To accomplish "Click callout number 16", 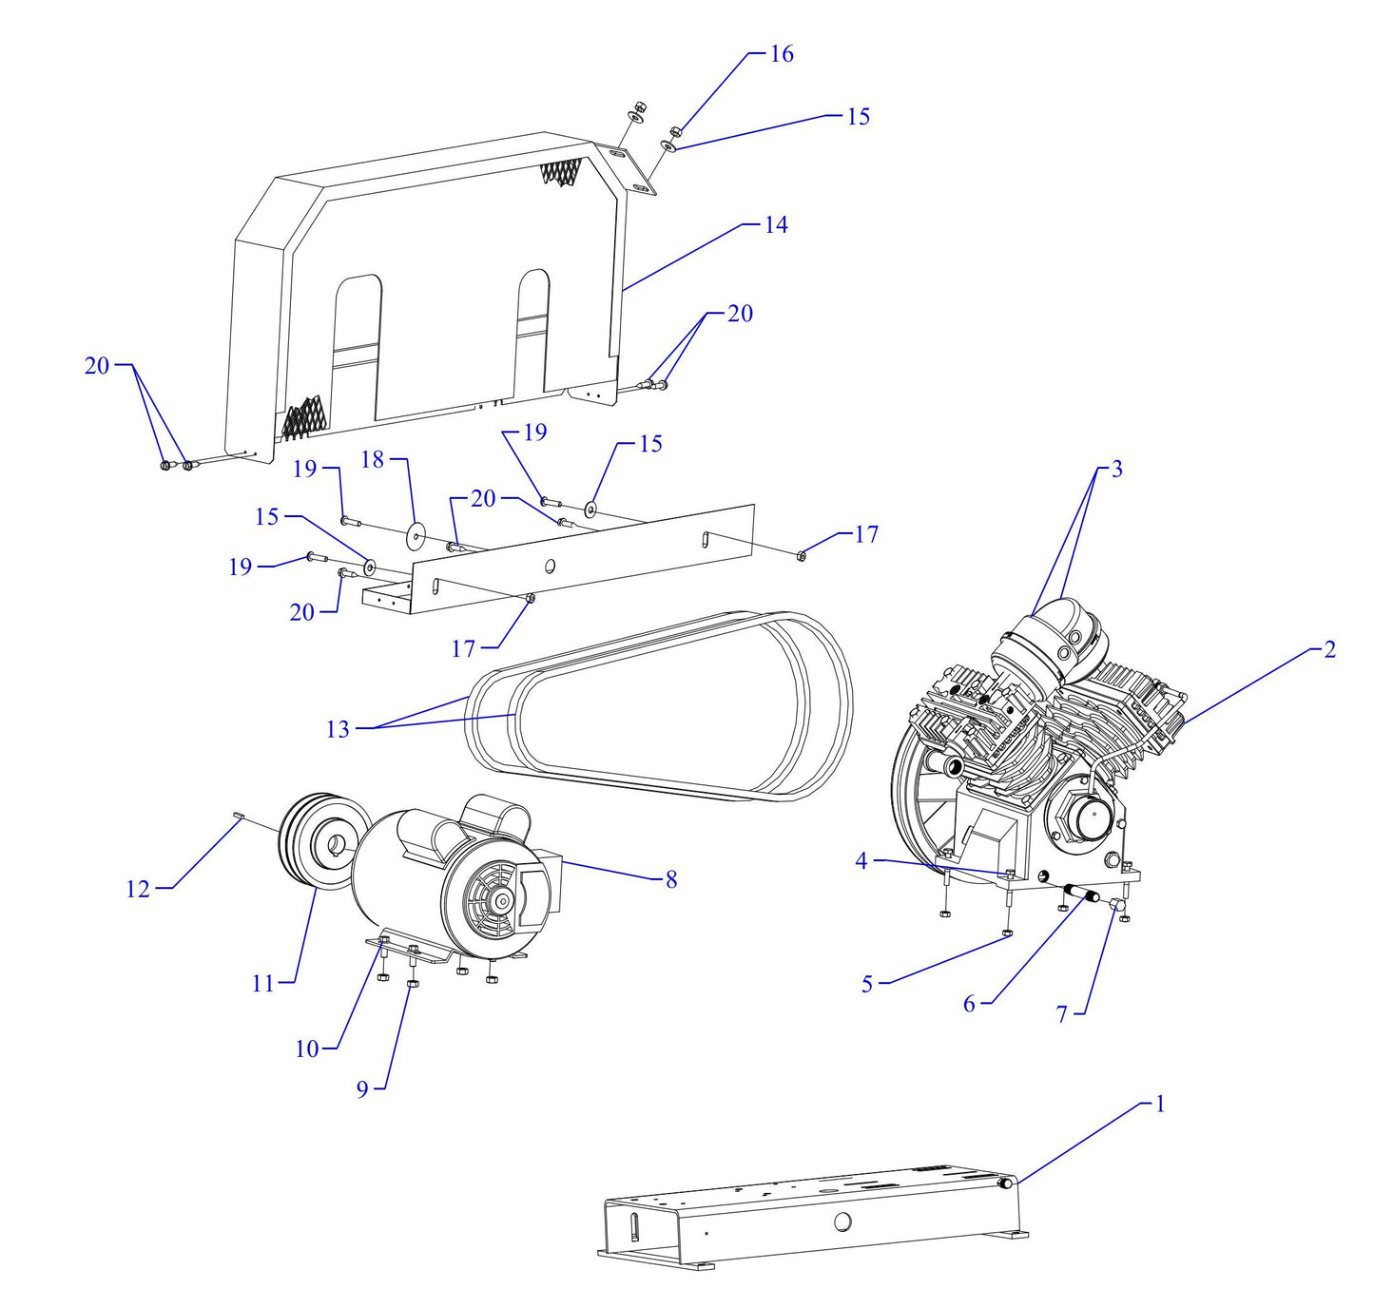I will pos(781,54).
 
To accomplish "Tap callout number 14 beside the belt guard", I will pos(776,225).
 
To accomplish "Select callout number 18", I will pos(373,460).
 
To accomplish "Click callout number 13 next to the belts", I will pos(338,729).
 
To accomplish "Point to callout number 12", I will pos(138,889).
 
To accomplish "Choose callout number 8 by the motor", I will pos(671,879).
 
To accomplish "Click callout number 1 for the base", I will pos(1159,1104).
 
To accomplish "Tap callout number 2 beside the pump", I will pos(1329,649).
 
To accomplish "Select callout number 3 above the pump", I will pos(1116,469).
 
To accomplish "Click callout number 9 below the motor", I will pos(362,1089).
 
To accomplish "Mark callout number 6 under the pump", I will pos(969,1004).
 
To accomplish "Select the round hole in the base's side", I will pos(842,1222).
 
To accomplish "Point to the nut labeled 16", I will pos(674,131).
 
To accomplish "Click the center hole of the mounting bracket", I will pos(550,567).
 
